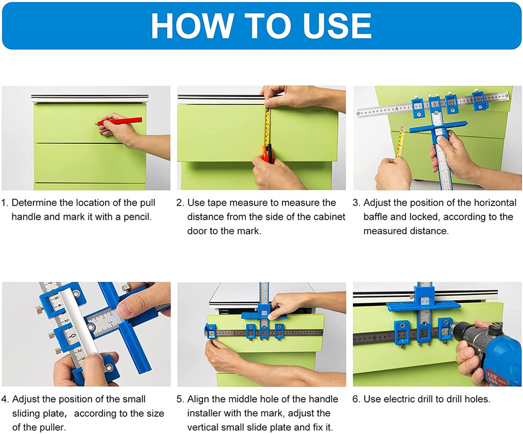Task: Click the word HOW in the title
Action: tap(191, 26)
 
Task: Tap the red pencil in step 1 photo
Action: tap(120, 121)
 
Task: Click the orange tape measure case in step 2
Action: tap(267, 154)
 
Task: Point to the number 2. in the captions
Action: tap(180, 203)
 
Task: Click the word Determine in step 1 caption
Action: tap(33, 203)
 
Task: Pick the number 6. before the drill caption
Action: tap(356, 399)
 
